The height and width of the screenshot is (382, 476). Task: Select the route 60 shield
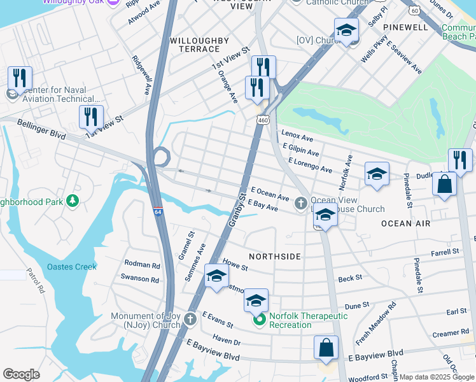pos(415,11)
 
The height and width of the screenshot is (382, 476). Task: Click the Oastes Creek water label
pos(72,267)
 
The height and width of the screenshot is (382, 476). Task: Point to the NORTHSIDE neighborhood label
pos(274,256)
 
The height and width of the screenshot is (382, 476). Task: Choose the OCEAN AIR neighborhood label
pos(405,223)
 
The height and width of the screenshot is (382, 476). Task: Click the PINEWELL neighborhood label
pos(406,28)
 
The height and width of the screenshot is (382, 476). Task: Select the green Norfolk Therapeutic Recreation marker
pos(259,320)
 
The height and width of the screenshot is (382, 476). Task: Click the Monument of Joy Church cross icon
pos(190,320)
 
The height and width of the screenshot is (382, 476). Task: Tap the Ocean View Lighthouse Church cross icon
pos(301,204)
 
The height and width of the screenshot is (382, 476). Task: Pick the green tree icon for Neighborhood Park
pos(73,201)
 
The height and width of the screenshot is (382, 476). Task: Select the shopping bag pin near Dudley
pos(445,184)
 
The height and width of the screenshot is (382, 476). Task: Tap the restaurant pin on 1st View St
pos(91,117)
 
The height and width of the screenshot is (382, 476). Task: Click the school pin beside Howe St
pos(216,276)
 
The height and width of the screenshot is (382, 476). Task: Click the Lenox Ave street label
pos(298,138)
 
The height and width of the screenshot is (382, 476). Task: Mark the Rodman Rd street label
pos(142,264)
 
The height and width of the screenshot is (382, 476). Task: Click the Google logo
pos(21,374)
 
